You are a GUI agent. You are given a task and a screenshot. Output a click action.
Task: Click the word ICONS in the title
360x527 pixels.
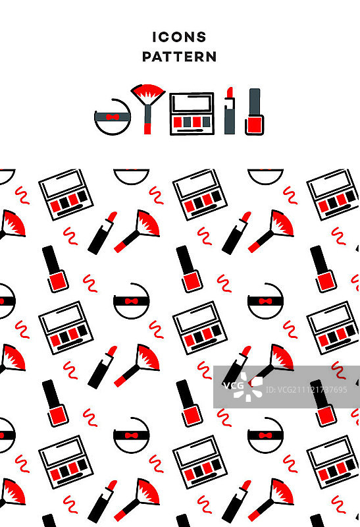pyautogui.click(x=179, y=37)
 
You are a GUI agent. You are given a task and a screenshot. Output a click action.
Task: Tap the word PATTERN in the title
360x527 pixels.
pyautogui.click(x=179, y=57)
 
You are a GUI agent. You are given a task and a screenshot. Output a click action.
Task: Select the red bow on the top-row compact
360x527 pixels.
pyautogui.click(x=113, y=117)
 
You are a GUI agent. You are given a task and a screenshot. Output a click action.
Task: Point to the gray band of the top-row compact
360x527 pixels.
pyautogui.click(x=113, y=117)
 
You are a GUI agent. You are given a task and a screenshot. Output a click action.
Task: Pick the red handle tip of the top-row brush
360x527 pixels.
pyautogui.click(x=147, y=128)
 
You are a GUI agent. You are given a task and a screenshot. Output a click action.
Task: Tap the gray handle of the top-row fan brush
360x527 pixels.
pyautogui.click(x=147, y=114)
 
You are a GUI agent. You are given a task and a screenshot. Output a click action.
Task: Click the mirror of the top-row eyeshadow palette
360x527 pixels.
pyautogui.click(x=192, y=103)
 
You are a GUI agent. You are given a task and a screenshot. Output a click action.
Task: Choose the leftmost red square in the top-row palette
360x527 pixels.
pyautogui.click(x=178, y=122)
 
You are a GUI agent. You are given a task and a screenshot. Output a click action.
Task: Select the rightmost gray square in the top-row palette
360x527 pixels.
pyautogui.click(x=207, y=122)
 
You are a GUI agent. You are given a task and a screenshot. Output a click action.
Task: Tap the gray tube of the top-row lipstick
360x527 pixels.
pyautogui.click(x=230, y=117)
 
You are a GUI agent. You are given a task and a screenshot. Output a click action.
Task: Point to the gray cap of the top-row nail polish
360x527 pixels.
pyautogui.click(x=255, y=102)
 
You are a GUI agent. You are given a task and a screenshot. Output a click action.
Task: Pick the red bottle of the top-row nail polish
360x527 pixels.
pyautogui.click(x=255, y=125)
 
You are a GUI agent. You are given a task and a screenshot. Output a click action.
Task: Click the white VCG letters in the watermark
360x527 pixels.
pyautogui.click(x=233, y=385)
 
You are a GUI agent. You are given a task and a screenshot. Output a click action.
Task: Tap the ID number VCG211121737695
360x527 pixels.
pyautogui.click(x=306, y=390)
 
